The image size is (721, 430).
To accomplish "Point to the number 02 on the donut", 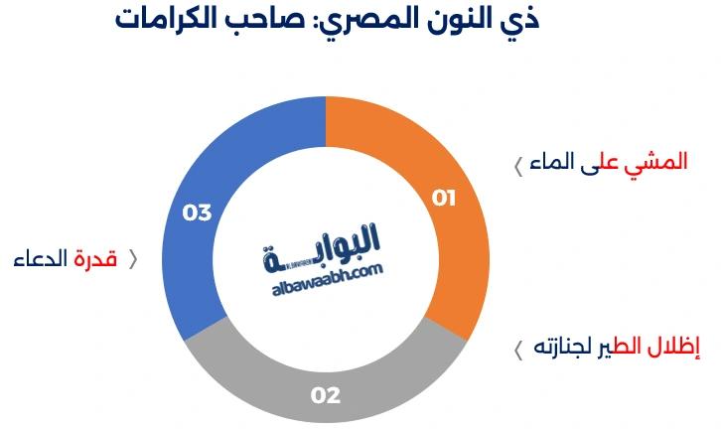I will click(326, 395).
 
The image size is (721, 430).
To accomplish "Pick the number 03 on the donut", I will click(198, 212).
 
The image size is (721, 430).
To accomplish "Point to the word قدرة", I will click(96, 259).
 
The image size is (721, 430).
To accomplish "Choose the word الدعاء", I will click(41, 259).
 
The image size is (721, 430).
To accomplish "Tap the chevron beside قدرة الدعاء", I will click(133, 260).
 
